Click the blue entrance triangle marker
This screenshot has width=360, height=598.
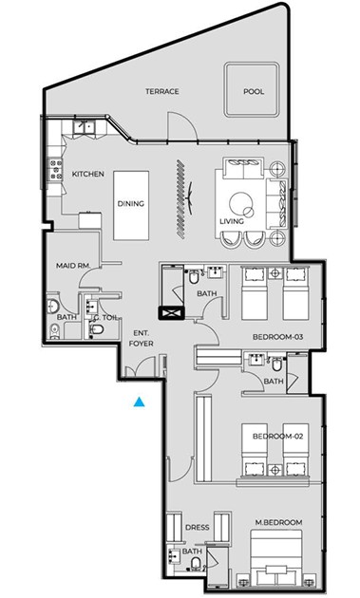click(140, 402)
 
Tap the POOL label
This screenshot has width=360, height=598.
click(254, 91)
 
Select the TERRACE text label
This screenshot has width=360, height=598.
click(162, 91)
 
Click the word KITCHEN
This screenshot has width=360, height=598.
click(88, 174)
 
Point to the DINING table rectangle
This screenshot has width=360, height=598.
click(131, 205)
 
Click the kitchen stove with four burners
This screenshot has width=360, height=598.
click(55, 169)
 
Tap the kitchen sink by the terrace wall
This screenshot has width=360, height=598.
click(85, 126)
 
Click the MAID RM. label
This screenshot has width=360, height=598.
click(73, 266)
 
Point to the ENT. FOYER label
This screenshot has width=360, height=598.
click(141, 338)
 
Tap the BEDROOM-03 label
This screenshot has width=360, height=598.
click(278, 337)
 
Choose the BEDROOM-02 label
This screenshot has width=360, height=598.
click(278, 436)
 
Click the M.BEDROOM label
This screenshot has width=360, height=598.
click(278, 522)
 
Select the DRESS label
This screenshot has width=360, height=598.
click(197, 528)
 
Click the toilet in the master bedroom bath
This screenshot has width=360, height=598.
click(196, 563)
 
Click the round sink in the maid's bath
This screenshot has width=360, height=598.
click(52, 306)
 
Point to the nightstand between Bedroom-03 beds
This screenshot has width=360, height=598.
click(275, 273)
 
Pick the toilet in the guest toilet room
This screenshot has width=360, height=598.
click(97, 329)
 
